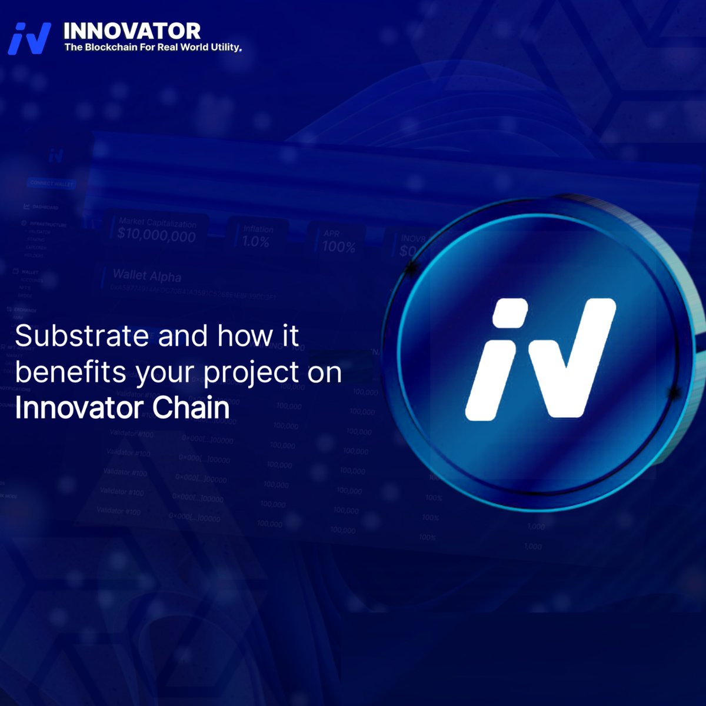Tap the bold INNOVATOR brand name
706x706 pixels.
pos(132,31)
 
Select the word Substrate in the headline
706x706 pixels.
pos(82,336)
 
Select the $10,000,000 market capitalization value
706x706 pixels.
pos(156,236)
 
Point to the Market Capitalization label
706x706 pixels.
pos(157,223)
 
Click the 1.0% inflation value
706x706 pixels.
pos(255,241)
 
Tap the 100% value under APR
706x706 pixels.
pos(338,247)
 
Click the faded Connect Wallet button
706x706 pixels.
pos(52,184)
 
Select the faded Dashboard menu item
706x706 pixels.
pos(45,207)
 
